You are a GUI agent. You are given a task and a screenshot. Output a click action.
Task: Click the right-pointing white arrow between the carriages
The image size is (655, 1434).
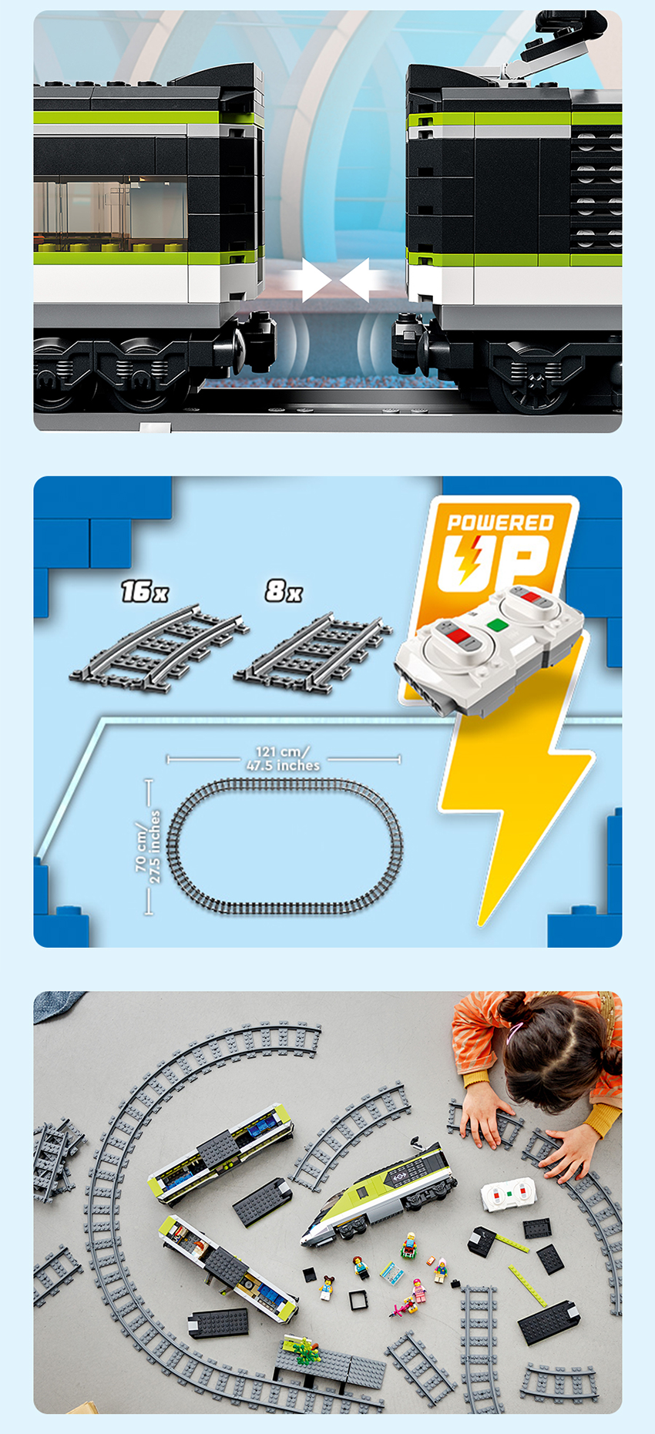(x=308, y=280)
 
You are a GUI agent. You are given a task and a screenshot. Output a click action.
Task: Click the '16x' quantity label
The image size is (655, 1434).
(x=144, y=591)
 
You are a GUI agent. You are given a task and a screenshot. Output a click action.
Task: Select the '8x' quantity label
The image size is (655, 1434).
(x=284, y=590)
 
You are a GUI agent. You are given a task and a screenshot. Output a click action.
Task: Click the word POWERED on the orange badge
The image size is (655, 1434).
(x=500, y=522)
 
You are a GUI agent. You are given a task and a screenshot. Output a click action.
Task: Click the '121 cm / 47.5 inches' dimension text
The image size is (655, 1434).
(x=283, y=758)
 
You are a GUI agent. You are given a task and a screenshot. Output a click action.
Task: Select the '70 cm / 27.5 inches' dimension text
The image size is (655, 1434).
(x=148, y=846)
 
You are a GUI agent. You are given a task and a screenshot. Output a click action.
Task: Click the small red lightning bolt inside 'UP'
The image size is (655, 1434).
(x=467, y=559)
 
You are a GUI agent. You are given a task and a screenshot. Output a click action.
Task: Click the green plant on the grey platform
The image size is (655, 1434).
(x=302, y=1348)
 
